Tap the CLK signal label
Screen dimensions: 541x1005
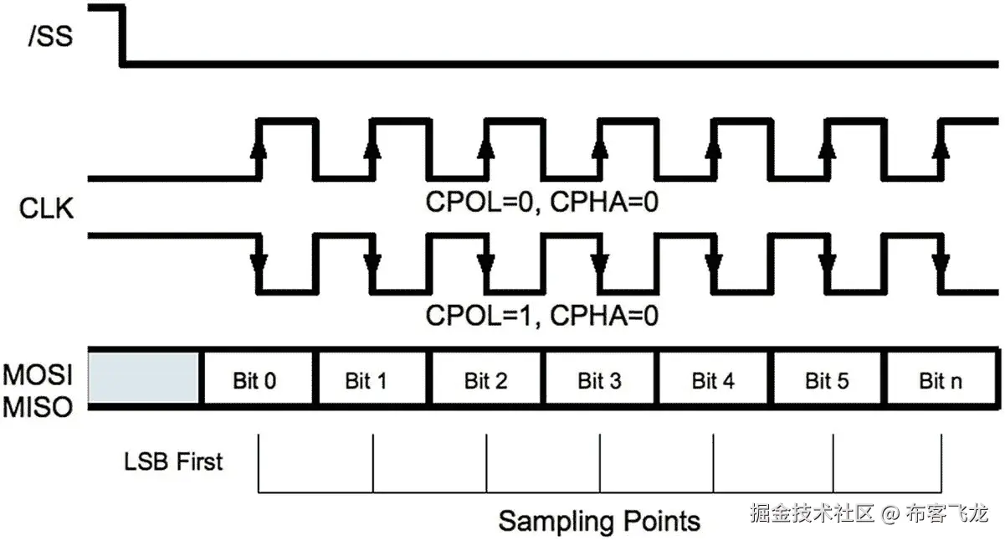pos(46,209)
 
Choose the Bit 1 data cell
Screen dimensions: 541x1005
pos(367,381)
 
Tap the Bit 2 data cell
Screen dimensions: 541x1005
pos(485,381)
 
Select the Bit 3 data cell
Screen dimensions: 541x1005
pos(599,381)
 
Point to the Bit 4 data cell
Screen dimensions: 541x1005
pos(713,381)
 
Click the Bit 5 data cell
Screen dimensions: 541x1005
pos(827,381)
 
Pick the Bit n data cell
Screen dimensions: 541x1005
pos(941,381)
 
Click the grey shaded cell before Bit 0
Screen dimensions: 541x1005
pos(143,379)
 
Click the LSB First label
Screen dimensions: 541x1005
pos(173,461)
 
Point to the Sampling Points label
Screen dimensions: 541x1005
pos(599,521)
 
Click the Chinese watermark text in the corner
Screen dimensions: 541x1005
pos(869,513)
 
